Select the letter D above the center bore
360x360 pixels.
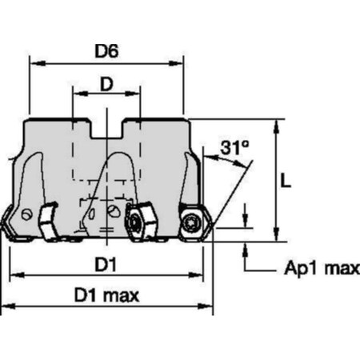[106, 83]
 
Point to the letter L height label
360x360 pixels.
[286, 180]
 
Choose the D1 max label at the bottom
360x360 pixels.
[107, 295]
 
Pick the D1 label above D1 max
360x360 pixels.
[107, 263]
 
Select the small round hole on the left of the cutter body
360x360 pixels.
[29, 215]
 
